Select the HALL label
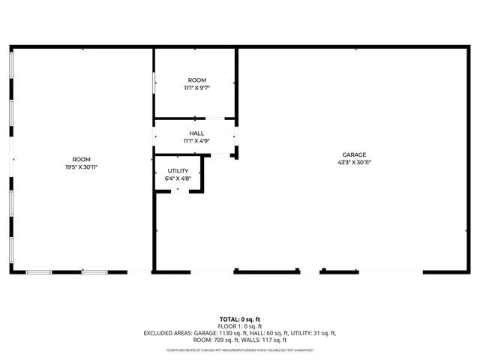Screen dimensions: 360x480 coord(196,133)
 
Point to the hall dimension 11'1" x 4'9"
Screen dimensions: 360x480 coord(196,141)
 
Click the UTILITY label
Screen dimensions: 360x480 coord(178,171)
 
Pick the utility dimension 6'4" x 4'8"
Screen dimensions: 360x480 coord(178,178)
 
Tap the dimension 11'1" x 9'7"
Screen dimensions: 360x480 coord(196,88)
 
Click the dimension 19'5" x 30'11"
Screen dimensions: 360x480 coord(81,166)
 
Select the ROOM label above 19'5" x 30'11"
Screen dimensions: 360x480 coord(81,159)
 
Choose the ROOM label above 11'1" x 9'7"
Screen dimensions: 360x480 coord(196,80)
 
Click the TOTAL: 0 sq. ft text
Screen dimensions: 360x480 coord(240,319)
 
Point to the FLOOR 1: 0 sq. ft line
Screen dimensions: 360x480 coord(240,326)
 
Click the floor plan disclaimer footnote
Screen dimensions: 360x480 coord(240,350)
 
